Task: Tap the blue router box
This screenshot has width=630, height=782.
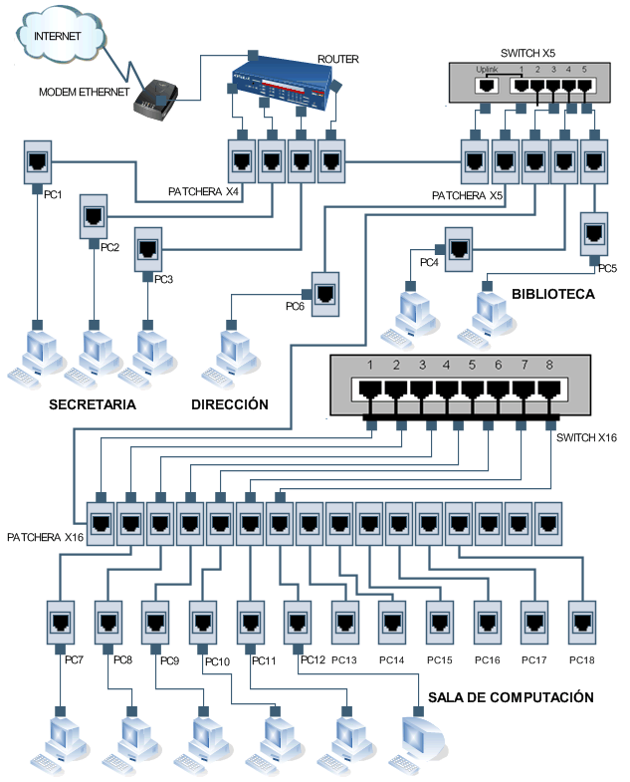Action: point(281,83)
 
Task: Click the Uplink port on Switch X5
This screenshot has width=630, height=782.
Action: point(487,86)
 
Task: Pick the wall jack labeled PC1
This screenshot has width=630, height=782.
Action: point(39,162)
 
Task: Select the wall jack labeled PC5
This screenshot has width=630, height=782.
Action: point(595,235)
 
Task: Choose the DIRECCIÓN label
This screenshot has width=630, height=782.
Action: point(230,404)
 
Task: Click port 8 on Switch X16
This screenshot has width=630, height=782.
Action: point(548,390)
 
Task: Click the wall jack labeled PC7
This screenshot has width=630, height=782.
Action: point(61,623)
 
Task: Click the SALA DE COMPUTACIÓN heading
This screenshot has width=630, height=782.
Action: point(511,697)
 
